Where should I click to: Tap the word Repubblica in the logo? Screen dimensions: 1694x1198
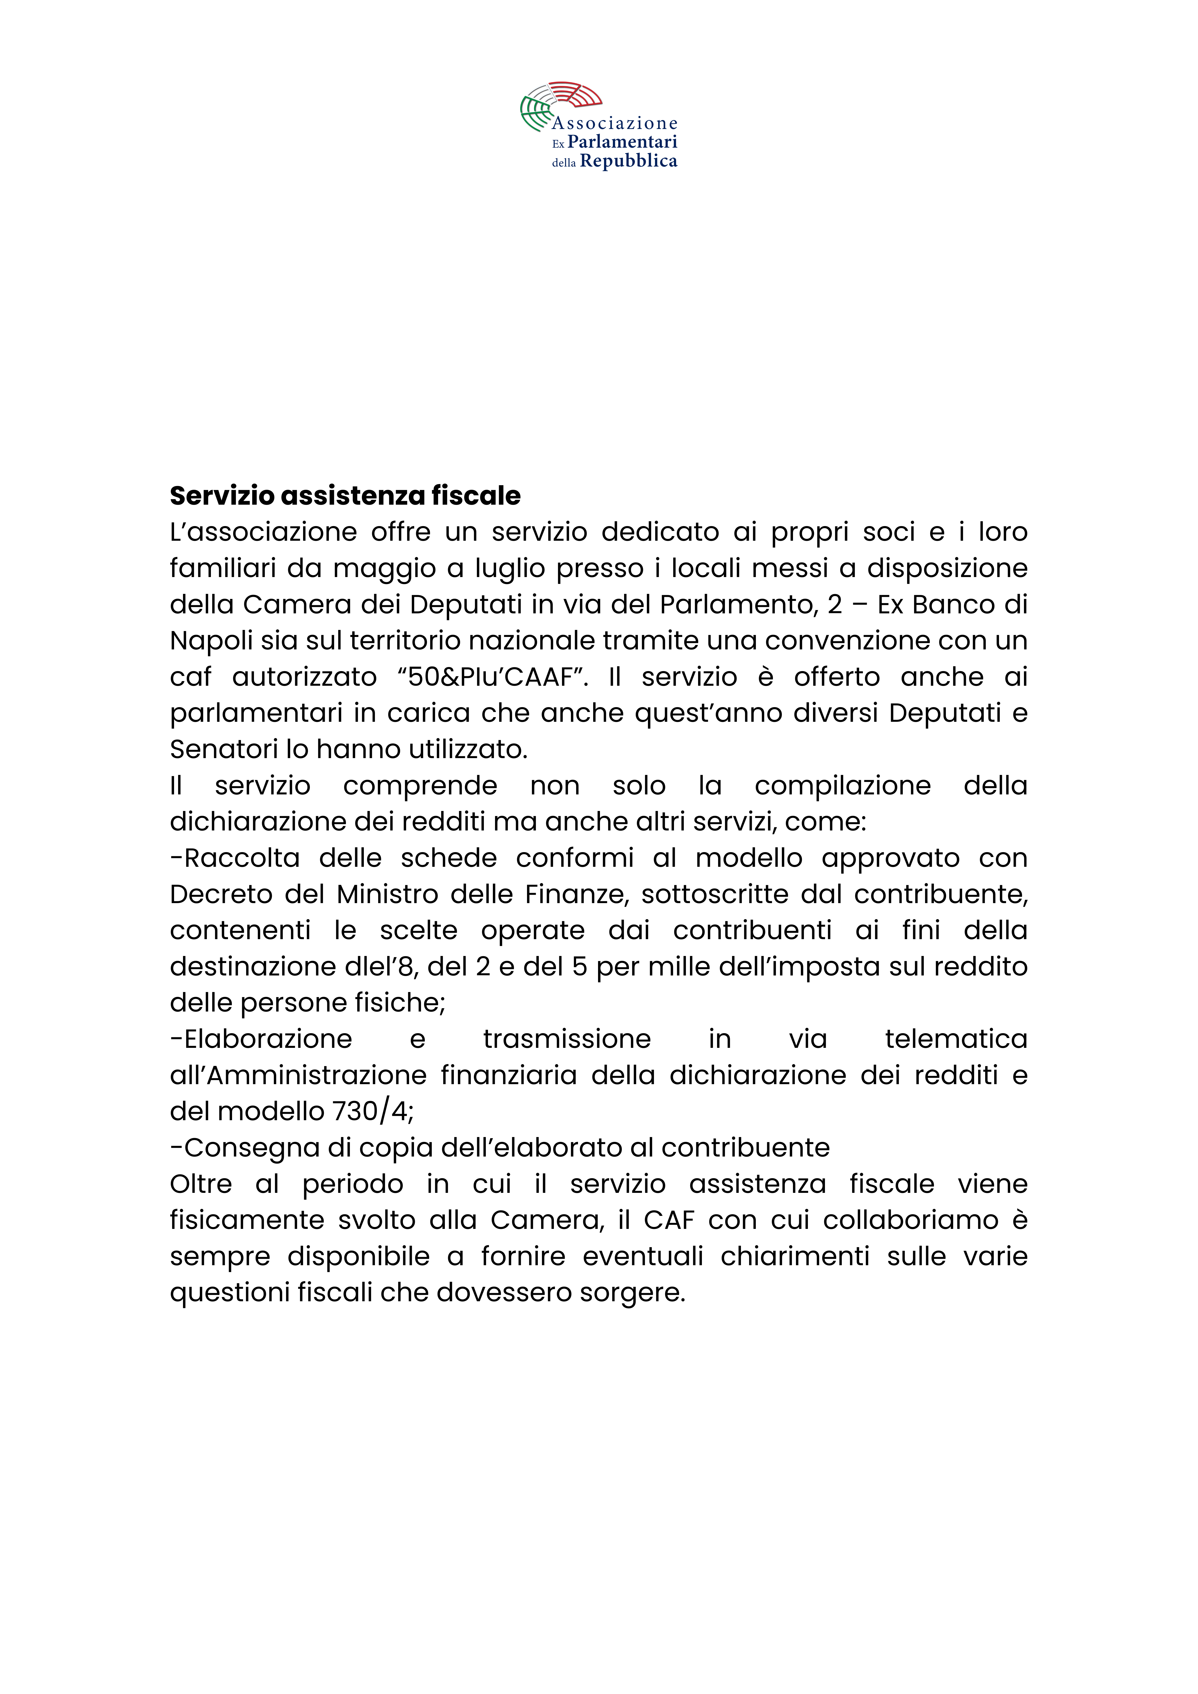pos(628,162)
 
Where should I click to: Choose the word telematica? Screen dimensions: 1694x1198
pos(956,1039)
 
